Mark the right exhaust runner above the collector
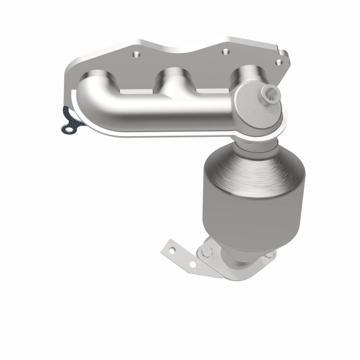[246, 73]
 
